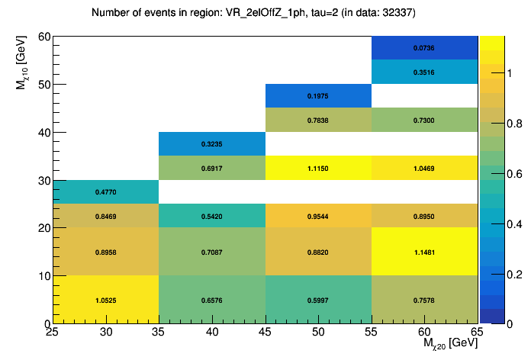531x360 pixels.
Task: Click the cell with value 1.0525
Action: pos(105,300)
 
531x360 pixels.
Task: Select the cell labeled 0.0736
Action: pos(424,48)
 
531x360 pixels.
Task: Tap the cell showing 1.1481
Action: pos(424,252)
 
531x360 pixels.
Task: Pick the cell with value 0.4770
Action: pos(105,192)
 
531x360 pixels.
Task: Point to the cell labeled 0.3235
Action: pos(212,143)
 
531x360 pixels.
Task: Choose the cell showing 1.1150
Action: pos(318,168)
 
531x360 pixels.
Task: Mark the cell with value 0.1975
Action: pos(318,96)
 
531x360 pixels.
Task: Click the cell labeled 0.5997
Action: pos(318,300)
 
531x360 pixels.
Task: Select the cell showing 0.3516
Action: pos(424,72)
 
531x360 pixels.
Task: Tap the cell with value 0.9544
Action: pos(318,216)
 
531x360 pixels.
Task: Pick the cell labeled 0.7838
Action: pos(318,120)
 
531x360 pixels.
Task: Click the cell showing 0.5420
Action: pos(212,216)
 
